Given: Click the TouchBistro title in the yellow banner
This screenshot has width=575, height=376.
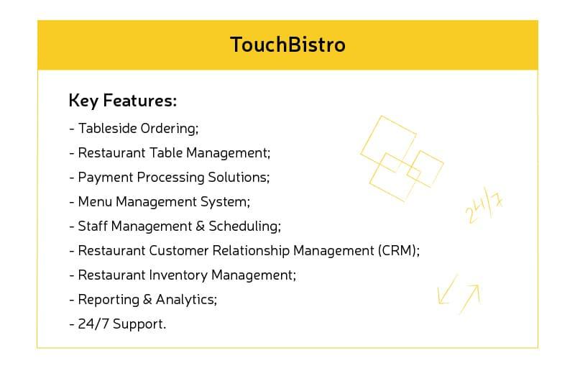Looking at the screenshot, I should pos(287,45).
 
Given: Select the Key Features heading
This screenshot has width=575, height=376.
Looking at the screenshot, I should pos(122,101).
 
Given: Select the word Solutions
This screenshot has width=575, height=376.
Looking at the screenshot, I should pos(240,177).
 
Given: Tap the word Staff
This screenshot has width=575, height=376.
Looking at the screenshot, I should pos(92,226).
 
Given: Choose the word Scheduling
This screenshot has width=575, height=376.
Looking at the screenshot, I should pos(243,226).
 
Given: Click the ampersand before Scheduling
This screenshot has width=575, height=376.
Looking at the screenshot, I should pos(200,226).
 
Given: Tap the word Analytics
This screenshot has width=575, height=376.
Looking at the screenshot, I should pos(185,300).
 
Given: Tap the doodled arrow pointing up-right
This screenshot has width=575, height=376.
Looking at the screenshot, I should pos(470,295).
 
